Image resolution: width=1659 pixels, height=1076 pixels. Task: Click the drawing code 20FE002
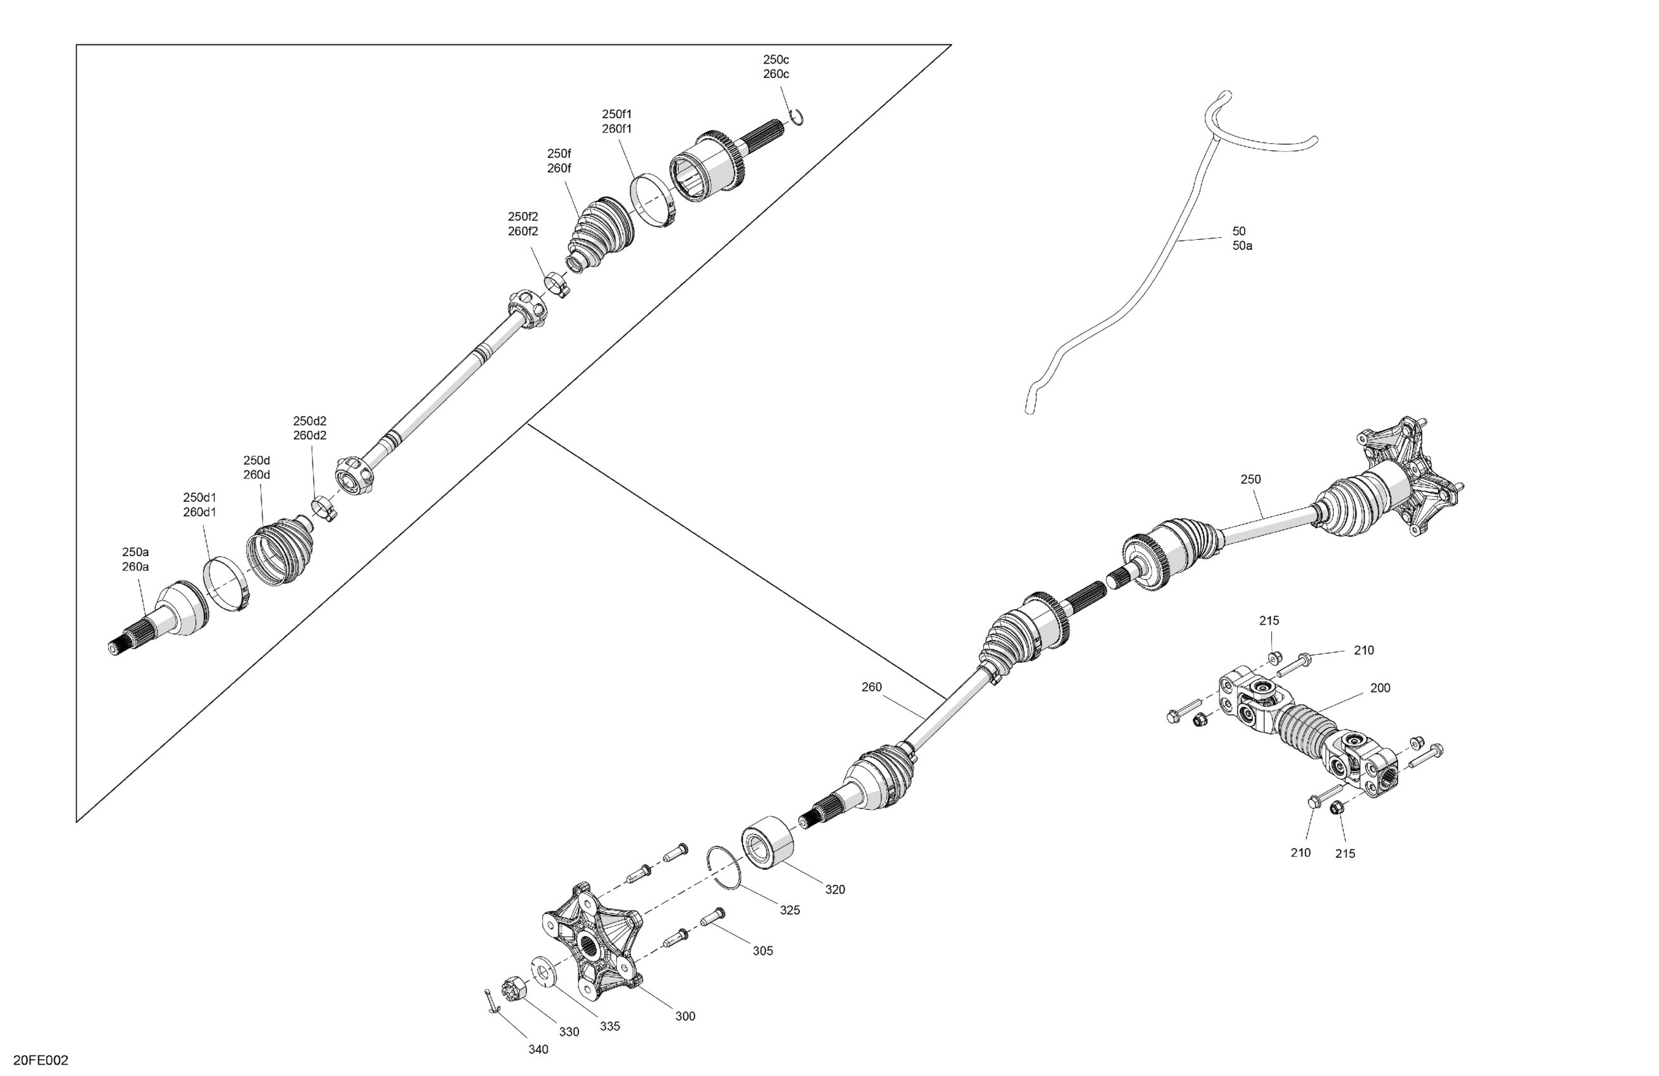(x=41, y=1061)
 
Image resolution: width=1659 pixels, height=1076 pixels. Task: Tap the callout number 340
(x=538, y=1049)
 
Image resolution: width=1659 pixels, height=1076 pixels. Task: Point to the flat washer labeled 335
(x=542, y=972)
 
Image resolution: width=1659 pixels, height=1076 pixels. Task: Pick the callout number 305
(x=762, y=951)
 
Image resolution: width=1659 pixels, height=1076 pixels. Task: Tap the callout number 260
(x=871, y=687)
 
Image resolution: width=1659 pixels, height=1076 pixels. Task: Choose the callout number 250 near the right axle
(x=1250, y=479)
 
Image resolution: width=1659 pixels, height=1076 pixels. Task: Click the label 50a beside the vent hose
(x=1242, y=246)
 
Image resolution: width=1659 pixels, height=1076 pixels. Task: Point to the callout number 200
(x=1380, y=687)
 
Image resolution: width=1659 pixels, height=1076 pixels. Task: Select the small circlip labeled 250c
(x=797, y=118)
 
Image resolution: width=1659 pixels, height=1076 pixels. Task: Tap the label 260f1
(x=617, y=129)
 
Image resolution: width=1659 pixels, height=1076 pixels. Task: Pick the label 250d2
(x=309, y=420)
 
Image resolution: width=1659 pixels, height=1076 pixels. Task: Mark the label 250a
(x=135, y=551)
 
